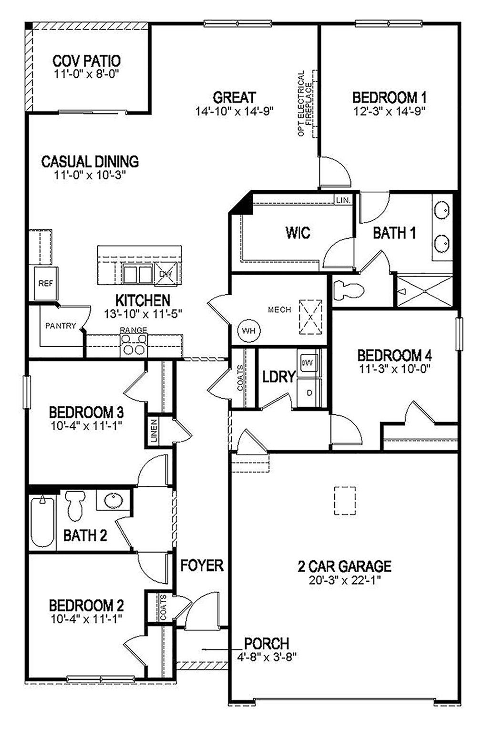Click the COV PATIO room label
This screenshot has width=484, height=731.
point(86,61)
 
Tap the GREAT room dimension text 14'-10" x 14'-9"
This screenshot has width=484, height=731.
point(234,112)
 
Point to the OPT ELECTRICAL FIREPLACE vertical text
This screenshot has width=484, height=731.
point(305,104)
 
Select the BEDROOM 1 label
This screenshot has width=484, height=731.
point(389,98)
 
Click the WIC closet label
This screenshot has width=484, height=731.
point(298,233)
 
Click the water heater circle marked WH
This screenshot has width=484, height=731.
point(248,330)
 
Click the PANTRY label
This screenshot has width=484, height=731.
point(60,326)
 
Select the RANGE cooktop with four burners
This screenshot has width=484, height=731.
point(134,344)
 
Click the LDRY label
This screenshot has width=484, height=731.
point(279,377)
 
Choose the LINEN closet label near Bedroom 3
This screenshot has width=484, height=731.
point(154,431)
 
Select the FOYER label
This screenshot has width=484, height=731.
point(202,566)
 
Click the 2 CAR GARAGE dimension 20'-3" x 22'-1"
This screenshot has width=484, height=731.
point(344,580)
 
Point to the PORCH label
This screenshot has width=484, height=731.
point(267,643)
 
